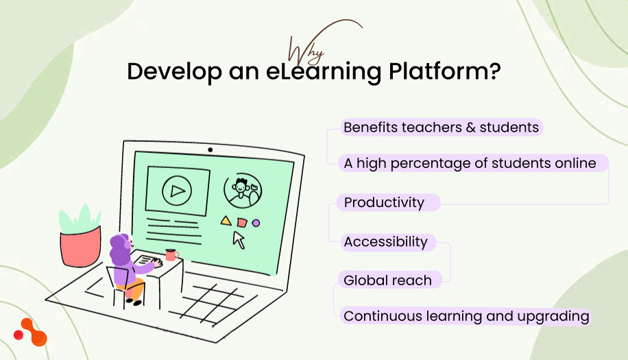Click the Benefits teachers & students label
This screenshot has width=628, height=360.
[442, 128]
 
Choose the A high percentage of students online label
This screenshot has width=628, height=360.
[470, 163]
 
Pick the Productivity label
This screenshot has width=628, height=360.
[384, 203]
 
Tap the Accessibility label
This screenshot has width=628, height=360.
[385, 242]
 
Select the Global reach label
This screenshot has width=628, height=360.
[387, 280]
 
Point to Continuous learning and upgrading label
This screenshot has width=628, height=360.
[466, 317]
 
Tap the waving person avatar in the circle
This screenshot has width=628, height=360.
[242, 190]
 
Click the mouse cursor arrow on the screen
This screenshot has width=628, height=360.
[239, 239]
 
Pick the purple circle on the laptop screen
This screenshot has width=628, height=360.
[256, 223]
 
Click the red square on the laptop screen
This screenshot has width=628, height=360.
[241, 222]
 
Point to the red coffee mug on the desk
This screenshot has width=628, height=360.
[171, 255]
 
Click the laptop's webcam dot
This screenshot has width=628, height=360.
[210, 149]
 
